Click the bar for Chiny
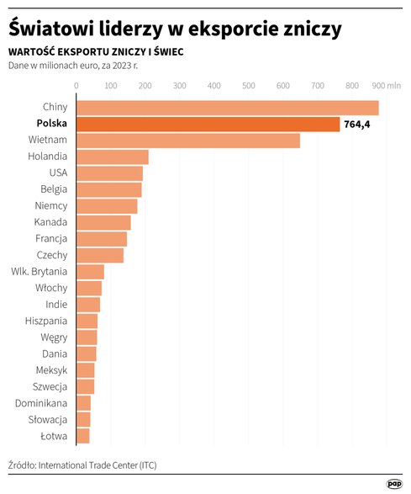(x=227, y=108)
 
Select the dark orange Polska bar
(x=208, y=124)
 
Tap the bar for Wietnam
(x=187, y=141)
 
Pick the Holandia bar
(x=112, y=157)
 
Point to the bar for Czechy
(x=99, y=255)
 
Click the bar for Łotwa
(x=82, y=435)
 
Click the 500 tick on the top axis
(x=247, y=85)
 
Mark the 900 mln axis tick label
(x=386, y=85)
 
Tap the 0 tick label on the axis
(x=76, y=85)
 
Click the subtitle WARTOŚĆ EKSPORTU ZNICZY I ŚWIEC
(x=96, y=52)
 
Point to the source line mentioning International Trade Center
(x=82, y=465)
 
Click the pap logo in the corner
(x=394, y=483)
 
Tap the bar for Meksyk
(x=85, y=369)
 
